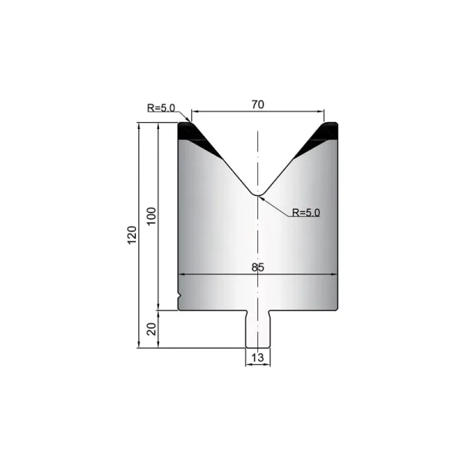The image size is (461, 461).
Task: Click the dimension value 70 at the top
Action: [x=258, y=104]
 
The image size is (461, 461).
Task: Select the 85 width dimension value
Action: [x=258, y=267]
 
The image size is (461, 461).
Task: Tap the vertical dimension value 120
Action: [x=132, y=234]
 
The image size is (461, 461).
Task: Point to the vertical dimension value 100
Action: [x=151, y=216]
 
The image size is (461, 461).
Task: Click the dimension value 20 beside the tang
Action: [x=151, y=329]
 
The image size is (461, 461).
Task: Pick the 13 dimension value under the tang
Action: [x=257, y=357]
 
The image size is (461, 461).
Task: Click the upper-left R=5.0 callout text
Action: [x=161, y=108]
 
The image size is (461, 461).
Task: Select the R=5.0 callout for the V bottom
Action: [x=306, y=212]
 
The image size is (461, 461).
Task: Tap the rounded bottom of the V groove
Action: [x=257, y=194]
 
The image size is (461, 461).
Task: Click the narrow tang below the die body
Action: [x=257, y=329]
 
